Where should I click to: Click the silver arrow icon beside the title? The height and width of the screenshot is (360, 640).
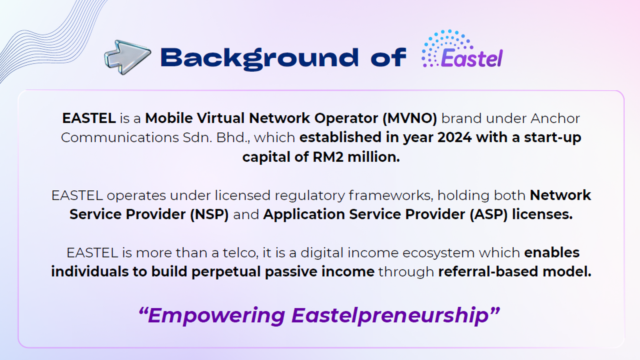(x=128, y=57)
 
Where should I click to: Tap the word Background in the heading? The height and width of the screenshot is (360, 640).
(x=260, y=58)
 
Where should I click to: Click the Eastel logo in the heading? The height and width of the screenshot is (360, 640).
(x=462, y=48)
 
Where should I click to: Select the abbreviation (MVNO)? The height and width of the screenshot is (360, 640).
(x=410, y=118)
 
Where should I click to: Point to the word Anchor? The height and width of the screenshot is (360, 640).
(x=555, y=118)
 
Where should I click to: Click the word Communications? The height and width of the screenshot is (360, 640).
(x=120, y=138)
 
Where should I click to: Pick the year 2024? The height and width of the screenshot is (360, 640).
(x=454, y=137)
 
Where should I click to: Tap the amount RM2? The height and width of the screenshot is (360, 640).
(x=328, y=157)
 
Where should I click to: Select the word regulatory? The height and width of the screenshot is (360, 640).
(x=310, y=196)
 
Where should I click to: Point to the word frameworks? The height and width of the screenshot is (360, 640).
(x=391, y=196)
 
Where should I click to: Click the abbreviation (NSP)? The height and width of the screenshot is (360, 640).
(x=210, y=214)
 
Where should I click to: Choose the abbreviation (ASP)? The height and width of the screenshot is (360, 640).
(x=489, y=214)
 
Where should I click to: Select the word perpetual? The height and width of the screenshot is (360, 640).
(x=226, y=272)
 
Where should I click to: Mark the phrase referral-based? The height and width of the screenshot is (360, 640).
(x=488, y=272)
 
